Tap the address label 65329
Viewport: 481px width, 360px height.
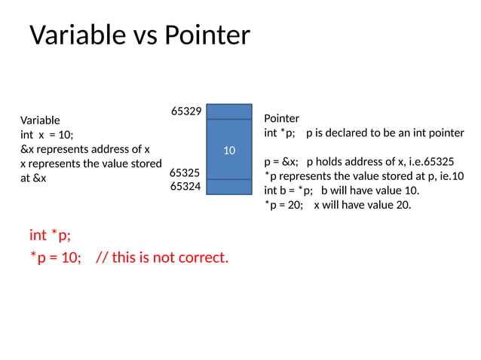click(185, 111)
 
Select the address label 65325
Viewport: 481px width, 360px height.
click(185, 172)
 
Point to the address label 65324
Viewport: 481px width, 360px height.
click(185, 185)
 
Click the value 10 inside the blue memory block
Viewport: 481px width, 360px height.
click(229, 151)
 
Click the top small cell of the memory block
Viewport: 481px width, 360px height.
click(229, 111)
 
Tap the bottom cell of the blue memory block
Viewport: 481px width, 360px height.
click(229, 187)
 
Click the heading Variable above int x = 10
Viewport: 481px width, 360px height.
click(40, 120)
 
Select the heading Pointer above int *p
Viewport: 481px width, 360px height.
click(281, 118)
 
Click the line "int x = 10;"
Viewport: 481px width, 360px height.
click(47, 134)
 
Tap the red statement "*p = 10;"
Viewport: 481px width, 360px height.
click(55, 258)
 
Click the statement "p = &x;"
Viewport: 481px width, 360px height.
click(281, 161)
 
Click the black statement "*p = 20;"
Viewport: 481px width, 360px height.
click(284, 203)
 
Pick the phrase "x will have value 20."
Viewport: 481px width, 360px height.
click(363, 203)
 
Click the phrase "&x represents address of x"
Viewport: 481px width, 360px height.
click(84, 148)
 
